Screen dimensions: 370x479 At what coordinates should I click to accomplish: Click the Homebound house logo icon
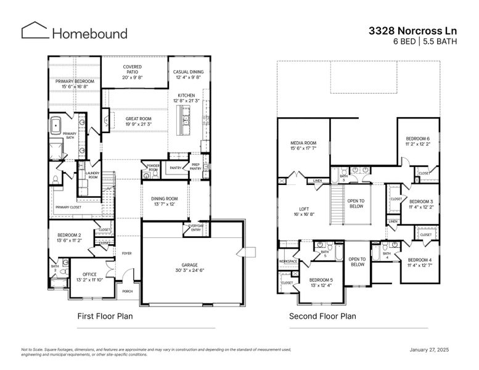pyautogui.click(x=35, y=31)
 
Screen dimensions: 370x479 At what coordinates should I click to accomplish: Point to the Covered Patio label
pyautogui.click(x=133, y=72)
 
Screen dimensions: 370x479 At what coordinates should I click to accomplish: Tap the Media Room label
pyautogui.click(x=303, y=146)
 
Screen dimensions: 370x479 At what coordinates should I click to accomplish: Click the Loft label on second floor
pyautogui.click(x=304, y=212)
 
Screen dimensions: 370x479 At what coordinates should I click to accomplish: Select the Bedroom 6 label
pyautogui.click(x=418, y=141)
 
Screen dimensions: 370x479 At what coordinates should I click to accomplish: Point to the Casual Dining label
pyautogui.click(x=189, y=75)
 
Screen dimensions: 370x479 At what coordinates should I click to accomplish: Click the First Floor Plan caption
pyautogui.click(x=105, y=316)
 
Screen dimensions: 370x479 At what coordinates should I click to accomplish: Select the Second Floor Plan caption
pyautogui.click(x=322, y=316)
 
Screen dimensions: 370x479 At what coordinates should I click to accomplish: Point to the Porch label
pyautogui.click(x=127, y=291)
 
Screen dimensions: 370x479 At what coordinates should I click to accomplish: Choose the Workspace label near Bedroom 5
pyautogui.click(x=289, y=261)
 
